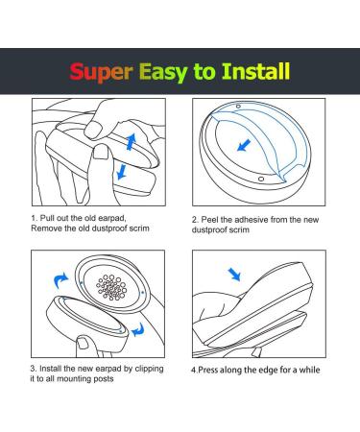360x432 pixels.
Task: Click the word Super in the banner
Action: [x=101, y=72]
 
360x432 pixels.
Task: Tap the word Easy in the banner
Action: [x=163, y=72]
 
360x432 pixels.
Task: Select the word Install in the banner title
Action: [x=256, y=71]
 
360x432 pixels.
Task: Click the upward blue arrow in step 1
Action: [x=131, y=142]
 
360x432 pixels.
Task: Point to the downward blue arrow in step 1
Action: [x=122, y=171]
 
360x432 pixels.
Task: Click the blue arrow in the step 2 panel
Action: [x=244, y=146]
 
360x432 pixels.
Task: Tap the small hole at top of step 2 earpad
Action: [x=238, y=107]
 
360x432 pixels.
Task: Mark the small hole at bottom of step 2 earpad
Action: [x=261, y=179]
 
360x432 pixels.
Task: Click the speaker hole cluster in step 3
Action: [x=111, y=287]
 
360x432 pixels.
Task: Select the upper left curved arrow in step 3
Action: [x=60, y=280]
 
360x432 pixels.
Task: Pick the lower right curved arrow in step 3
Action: [x=138, y=329]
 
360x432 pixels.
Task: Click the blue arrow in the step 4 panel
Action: [x=234, y=275]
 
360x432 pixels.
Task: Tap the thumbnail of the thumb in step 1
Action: [x=101, y=153]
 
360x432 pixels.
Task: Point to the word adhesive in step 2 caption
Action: [x=252, y=220]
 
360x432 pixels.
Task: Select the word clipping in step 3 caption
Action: [x=149, y=369]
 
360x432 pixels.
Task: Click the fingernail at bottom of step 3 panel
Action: [x=84, y=343]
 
